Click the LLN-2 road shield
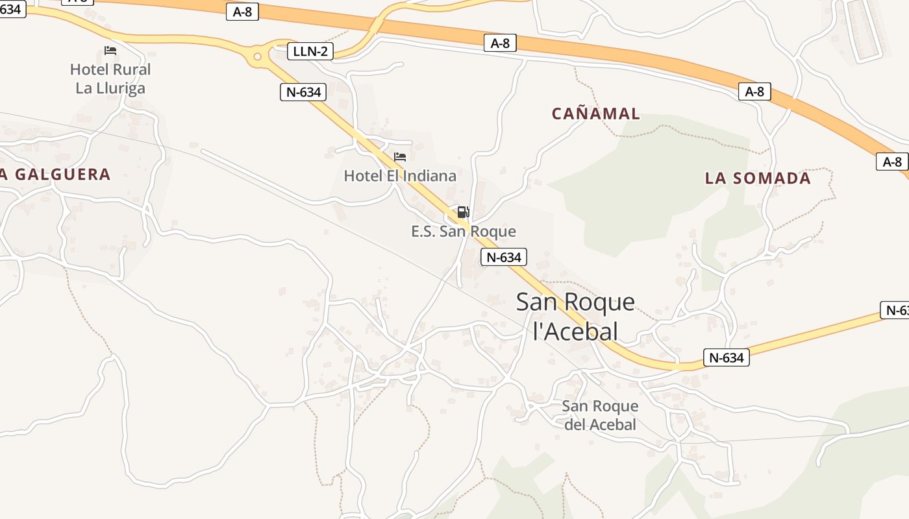310,51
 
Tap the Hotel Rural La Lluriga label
110,78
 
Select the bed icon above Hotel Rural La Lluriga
110,51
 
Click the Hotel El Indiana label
400,176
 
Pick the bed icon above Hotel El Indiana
400,157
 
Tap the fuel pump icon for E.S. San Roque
463,212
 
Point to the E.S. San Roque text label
464,232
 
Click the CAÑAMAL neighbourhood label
596,114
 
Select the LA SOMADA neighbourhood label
758,178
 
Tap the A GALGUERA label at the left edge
55,175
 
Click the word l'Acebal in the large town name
575,332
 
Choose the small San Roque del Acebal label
600,415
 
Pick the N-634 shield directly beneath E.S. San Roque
504,257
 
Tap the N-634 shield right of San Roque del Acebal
727,357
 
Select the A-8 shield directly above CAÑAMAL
500,43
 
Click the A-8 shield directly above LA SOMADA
754,91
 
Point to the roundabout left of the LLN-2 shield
258,56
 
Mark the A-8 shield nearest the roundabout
242,12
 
